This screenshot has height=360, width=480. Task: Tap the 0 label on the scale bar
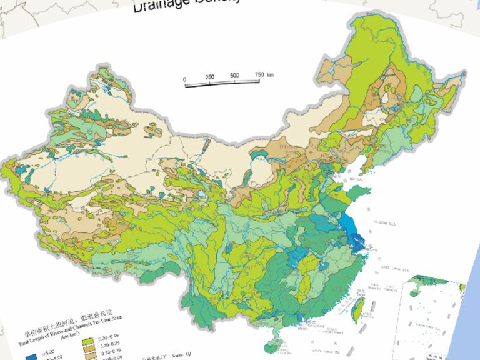click(x=185, y=79)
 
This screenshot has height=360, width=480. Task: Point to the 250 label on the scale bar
click(x=209, y=77)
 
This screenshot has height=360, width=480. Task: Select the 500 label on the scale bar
click(x=234, y=76)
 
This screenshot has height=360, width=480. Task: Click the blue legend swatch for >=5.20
click(x=30, y=354)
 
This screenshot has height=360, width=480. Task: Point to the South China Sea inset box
click(x=434, y=316)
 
